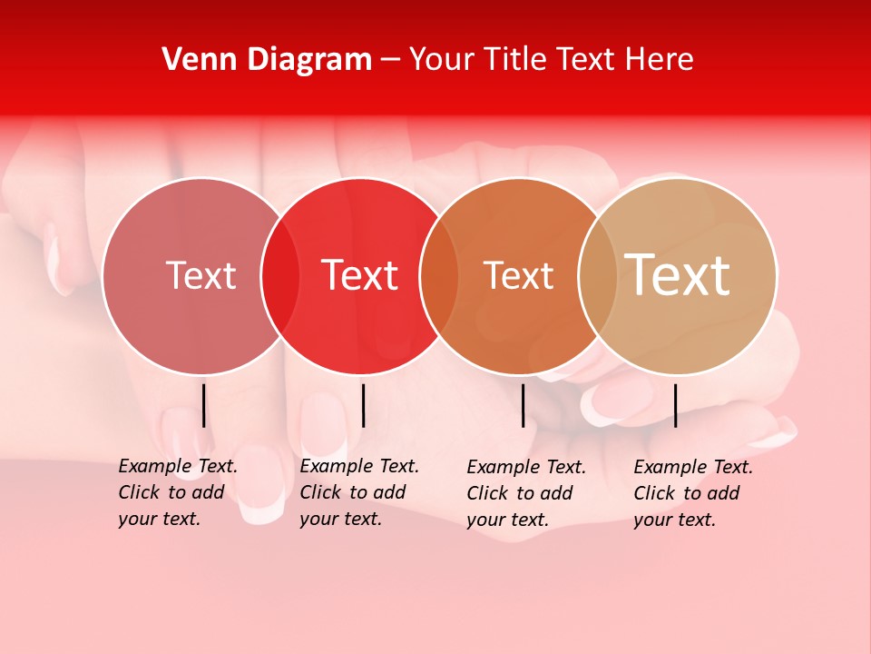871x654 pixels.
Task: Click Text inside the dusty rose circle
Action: click(x=201, y=275)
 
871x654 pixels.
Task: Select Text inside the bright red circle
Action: click(x=360, y=275)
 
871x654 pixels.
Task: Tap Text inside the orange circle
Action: click(x=518, y=275)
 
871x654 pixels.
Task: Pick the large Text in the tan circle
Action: click(x=678, y=274)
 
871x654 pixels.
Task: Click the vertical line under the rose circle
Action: click(x=204, y=405)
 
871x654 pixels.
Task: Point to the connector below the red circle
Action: click(x=363, y=405)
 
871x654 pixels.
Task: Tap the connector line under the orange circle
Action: click(x=523, y=405)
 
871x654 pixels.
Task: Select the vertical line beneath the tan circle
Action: click(x=675, y=405)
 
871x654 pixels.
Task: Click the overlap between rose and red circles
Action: click(x=280, y=275)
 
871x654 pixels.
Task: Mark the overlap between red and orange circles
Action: click(x=439, y=275)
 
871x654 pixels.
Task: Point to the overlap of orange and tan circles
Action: click(x=598, y=275)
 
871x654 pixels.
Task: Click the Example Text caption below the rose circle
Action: click(x=177, y=492)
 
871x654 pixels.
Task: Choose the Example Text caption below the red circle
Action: click(x=358, y=492)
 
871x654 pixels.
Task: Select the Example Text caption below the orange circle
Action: click(x=525, y=493)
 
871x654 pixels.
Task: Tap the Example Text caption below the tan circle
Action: click(x=692, y=493)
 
